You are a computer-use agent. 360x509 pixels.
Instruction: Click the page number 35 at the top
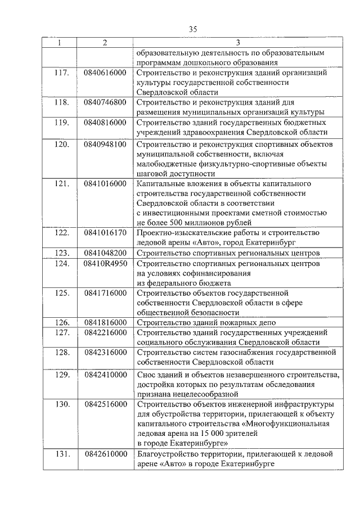[193, 30]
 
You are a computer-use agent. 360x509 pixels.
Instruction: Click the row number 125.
[61, 293]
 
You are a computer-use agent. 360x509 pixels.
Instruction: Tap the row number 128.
[61, 353]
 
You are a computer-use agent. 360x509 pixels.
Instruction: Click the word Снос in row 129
[148, 375]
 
